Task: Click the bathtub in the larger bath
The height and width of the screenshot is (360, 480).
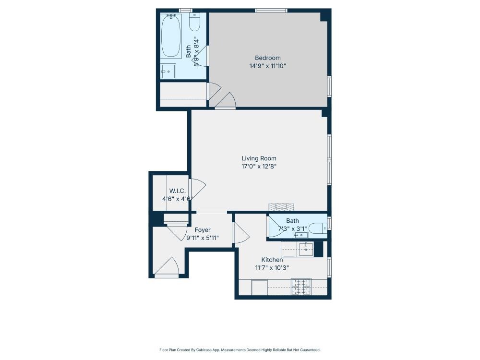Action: point(171,36)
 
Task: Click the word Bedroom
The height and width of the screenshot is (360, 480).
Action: point(267,58)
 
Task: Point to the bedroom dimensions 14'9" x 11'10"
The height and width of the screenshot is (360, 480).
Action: point(267,66)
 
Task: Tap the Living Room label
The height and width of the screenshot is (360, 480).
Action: point(259,158)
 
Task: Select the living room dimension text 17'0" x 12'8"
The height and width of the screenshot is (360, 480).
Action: point(259,167)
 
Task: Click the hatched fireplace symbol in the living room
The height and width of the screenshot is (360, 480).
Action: point(281,207)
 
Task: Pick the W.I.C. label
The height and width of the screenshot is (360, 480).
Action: point(177,191)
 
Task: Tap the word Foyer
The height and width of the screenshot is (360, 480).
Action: point(202,230)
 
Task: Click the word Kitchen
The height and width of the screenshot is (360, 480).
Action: point(272,260)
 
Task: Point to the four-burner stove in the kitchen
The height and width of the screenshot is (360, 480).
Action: point(301,287)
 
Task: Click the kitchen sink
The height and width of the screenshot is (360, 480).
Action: point(306,249)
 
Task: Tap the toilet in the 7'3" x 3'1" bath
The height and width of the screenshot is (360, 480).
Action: point(317,228)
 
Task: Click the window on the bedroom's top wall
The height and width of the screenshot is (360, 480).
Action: point(271,10)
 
